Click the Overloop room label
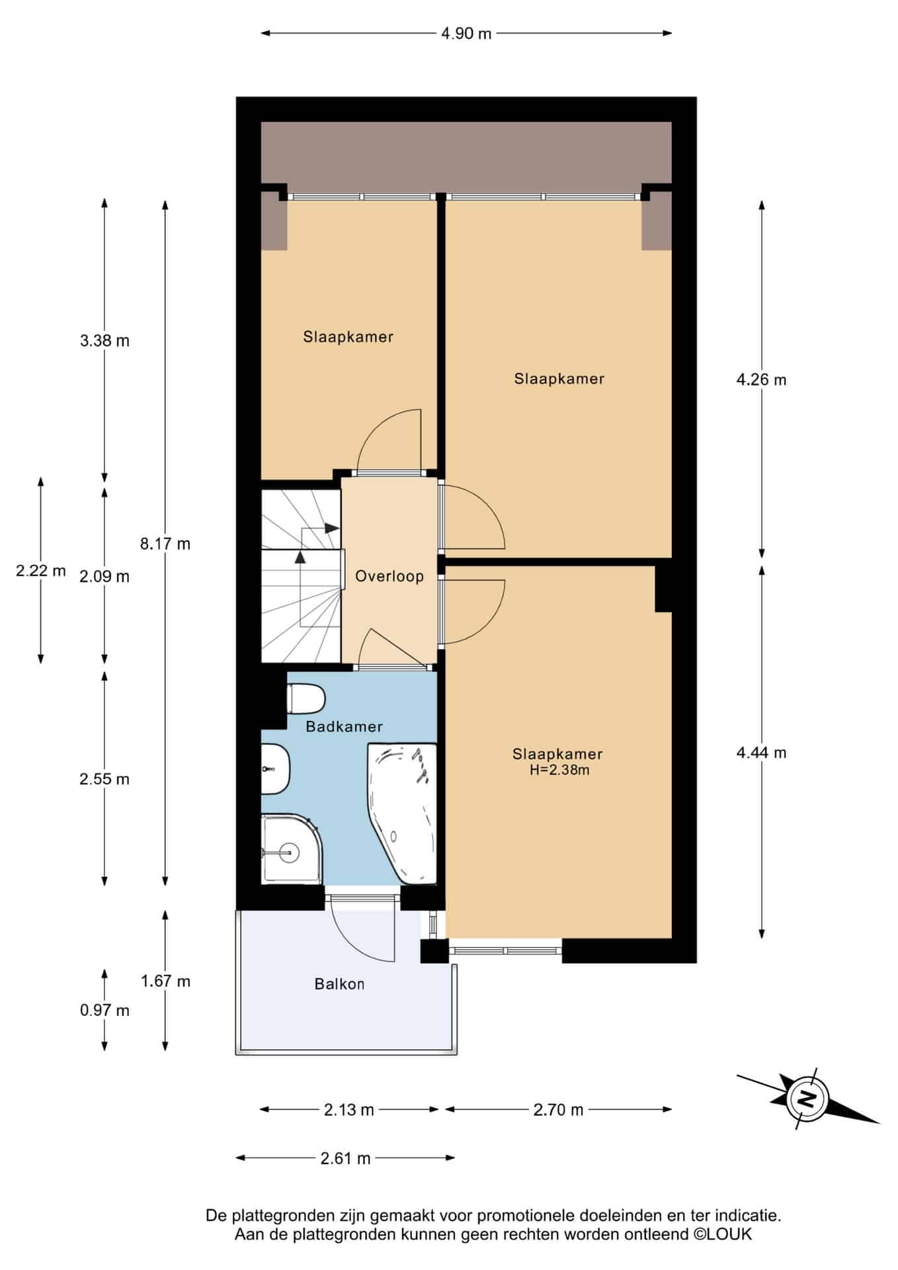coord(389,576)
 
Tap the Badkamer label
coord(344,727)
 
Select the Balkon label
coord(339,984)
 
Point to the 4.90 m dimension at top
coord(466,33)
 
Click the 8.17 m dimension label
coord(165,544)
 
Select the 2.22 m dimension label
coord(41,570)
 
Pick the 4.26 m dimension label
coord(761,380)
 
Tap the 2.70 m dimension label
coord(559,1110)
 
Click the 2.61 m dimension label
coord(345,1158)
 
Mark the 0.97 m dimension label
coord(104,1011)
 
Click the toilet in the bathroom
coord(306,698)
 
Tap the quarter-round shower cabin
coord(292,849)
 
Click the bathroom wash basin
coord(275,769)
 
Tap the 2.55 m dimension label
coord(104,779)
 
